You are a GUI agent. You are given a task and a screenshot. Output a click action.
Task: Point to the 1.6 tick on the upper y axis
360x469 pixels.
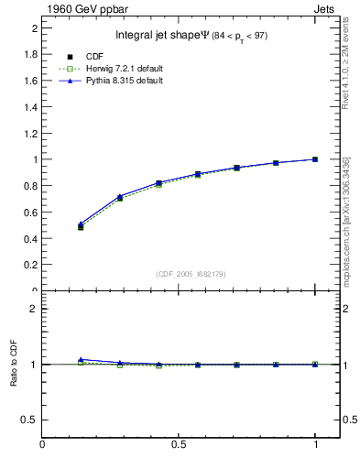(27, 81)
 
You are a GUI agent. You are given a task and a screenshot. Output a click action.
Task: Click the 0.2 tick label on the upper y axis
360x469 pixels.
(27, 265)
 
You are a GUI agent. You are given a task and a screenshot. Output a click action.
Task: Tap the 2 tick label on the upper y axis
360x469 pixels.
(33, 28)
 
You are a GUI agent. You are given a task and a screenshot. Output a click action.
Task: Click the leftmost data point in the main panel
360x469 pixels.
(81, 226)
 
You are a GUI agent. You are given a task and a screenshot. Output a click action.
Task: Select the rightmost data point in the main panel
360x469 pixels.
(316, 159)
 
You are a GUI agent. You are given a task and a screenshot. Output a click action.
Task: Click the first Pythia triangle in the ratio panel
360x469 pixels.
(81, 360)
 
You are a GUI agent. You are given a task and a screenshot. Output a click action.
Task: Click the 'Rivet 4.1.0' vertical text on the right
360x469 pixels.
(345, 64)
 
